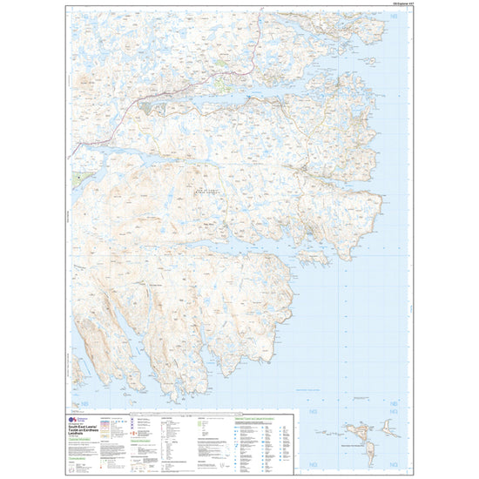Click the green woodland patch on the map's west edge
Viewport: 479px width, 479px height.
81,178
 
